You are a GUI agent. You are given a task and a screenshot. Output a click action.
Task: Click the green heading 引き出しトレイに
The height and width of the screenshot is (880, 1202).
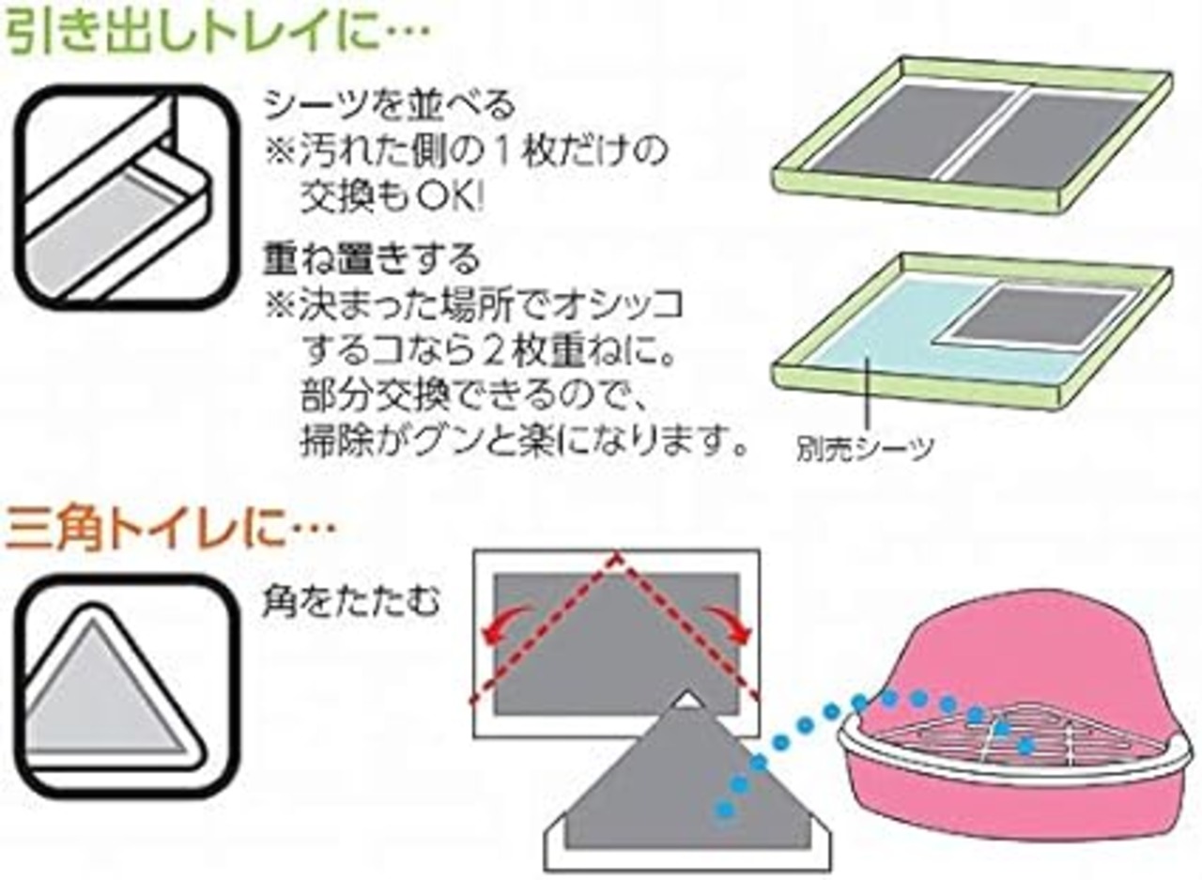click(x=216, y=34)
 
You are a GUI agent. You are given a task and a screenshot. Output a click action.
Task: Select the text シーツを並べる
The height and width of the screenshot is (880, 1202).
click(x=389, y=105)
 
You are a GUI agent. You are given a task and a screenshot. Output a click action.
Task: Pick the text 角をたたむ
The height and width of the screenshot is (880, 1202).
click(x=351, y=605)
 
